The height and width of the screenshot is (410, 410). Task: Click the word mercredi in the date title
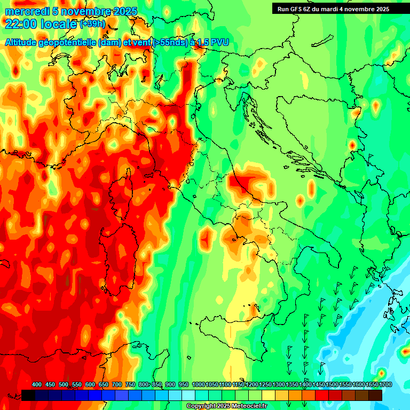(x=27, y=11)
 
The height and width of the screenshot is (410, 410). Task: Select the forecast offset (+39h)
(x=92, y=23)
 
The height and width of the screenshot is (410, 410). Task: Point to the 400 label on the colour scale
(x=37, y=385)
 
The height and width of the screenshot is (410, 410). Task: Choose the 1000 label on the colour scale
(x=198, y=385)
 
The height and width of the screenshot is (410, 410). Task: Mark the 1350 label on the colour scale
(x=291, y=385)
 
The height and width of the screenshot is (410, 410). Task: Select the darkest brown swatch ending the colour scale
(x=375, y=395)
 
